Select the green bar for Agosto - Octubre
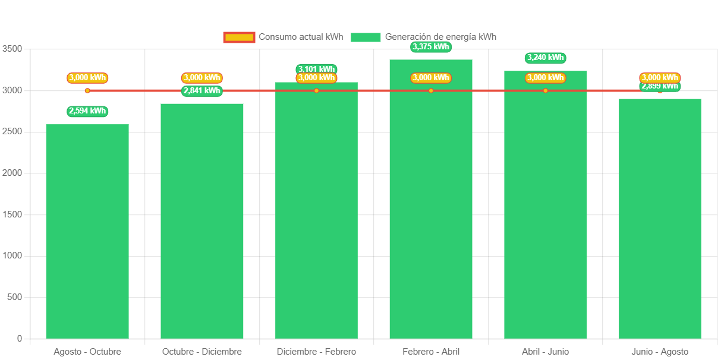[x=87, y=231]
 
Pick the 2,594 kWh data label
[x=87, y=111]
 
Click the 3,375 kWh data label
[x=431, y=47]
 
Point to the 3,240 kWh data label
[x=545, y=58]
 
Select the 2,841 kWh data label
[x=202, y=91]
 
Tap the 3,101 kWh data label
[x=316, y=68]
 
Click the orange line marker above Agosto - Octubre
[x=87, y=91]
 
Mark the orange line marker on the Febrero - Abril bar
[x=431, y=91]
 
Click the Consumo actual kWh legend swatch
[x=239, y=37]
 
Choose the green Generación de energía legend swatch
[x=366, y=37]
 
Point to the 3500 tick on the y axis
[x=12, y=49]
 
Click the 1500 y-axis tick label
[x=12, y=214]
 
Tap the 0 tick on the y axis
[x=20, y=339]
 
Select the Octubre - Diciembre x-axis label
[x=202, y=352]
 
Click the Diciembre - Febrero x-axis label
[x=316, y=352]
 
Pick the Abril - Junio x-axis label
[x=545, y=352]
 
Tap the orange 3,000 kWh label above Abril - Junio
[x=545, y=78]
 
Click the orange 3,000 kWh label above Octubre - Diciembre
[x=202, y=78]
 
